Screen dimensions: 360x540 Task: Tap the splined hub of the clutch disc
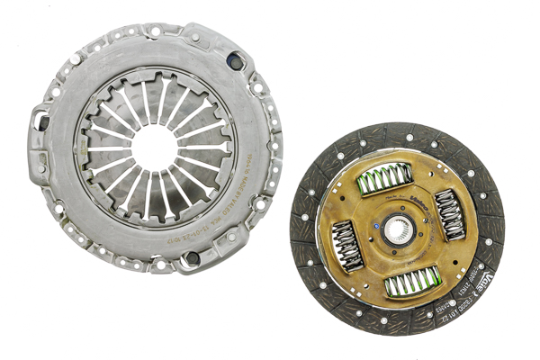click(399, 232)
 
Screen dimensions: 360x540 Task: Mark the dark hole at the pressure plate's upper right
click(235, 61)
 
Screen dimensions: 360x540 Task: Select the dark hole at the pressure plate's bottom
click(191, 258)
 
